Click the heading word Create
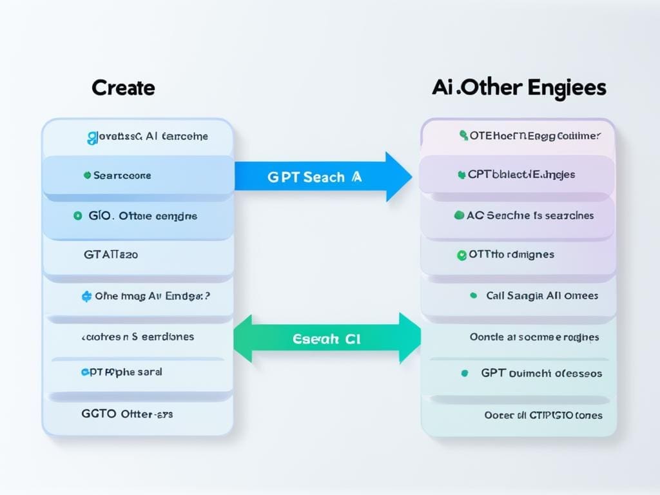(x=123, y=88)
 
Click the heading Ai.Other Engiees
(x=519, y=88)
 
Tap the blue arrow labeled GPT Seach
(x=322, y=177)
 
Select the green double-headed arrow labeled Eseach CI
(x=325, y=339)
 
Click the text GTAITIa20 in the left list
(x=110, y=255)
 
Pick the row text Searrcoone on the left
(x=122, y=175)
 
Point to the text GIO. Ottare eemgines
(x=142, y=216)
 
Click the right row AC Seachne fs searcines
(x=530, y=216)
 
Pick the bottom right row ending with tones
(x=543, y=415)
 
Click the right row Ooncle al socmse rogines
(x=534, y=337)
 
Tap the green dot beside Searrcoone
(x=86, y=175)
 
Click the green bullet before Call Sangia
(x=473, y=296)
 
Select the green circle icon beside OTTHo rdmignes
(x=461, y=255)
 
